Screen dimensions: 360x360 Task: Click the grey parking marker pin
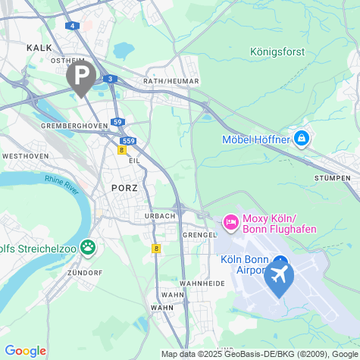click(x=81, y=75)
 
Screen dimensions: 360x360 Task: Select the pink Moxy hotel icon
click(x=230, y=223)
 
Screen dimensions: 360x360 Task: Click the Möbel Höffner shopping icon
click(x=302, y=139)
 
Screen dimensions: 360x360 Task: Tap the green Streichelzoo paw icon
click(x=89, y=246)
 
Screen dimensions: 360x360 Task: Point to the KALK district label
click(x=39, y=47)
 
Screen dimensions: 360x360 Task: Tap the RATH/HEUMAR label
click(x=171, y=81)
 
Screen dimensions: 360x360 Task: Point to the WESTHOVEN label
click(x=26, y=155)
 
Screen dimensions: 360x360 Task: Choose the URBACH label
click(x=160, y=215)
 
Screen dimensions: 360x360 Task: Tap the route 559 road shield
click(x=128, y=140)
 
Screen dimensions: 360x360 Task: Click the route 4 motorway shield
click(x=73, y=25)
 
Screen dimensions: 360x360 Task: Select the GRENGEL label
click(x=200, y=235)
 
